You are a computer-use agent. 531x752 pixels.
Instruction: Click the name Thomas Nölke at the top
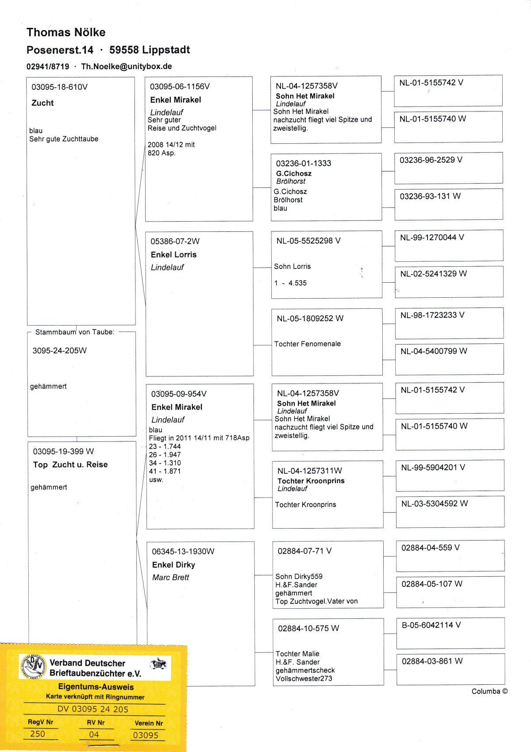click(66, 32)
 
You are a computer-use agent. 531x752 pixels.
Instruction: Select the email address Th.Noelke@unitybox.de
click(127, 66)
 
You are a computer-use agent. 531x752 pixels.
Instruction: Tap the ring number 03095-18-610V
click(59, 87)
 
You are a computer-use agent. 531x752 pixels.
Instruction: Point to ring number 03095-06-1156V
click(180, 86)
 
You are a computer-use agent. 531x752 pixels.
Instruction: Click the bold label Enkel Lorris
click(173, 254)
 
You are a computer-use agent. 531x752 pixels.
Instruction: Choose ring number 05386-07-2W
click(175, 241)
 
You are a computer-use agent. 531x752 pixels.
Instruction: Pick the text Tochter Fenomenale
click(307, 344)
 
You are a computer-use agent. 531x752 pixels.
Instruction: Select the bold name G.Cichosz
click(294, 173)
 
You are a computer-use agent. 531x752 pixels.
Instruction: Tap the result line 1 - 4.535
click(290, 283)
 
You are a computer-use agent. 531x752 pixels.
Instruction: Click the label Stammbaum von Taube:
click(74, 332)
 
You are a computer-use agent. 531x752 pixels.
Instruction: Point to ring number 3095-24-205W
click(59, 350)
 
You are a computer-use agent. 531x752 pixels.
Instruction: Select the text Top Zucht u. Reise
click(70, 464)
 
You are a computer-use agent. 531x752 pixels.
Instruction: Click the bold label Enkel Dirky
click(173, 564)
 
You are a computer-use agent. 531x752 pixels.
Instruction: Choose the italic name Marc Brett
click(170, 577)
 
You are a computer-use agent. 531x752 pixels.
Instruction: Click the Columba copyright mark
click(489, 691)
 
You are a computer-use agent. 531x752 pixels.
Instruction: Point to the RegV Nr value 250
click(38, 733)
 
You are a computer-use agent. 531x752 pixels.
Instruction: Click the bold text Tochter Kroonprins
click(311, 481)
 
